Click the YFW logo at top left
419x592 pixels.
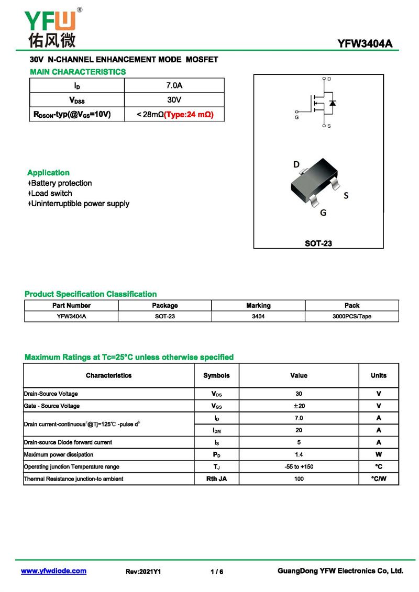(x=51, y=27)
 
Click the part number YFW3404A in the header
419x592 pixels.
(x=365, y=44)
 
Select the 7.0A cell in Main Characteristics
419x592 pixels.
(x=174, y=85)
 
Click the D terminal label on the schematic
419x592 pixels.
(x=329, y=79)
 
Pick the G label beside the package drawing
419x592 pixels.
(x=323, y=213)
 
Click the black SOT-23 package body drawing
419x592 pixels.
(x=312, y=184)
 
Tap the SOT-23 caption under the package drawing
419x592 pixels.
(x=318, y=243)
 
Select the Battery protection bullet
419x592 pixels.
(x=60, y=183)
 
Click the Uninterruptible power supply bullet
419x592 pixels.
(x=79, y=204)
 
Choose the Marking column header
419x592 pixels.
(x=258, y=305)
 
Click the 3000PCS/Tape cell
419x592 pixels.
(x=352, y=316)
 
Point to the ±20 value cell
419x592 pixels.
(x=299, y=406)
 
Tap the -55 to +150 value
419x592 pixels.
(x=299, y=466)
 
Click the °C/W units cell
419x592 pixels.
(x=378, y=478)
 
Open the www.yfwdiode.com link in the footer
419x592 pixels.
(x=53, y=571)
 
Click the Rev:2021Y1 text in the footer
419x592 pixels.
(x=143, y=572)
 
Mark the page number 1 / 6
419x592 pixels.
(x=216, y=572)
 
